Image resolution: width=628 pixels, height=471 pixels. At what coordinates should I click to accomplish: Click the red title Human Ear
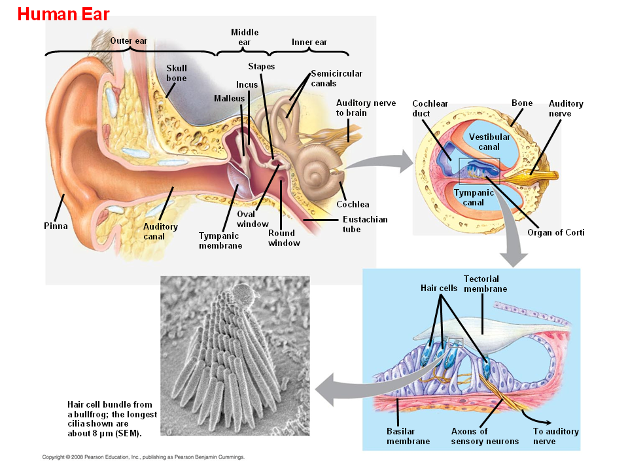63,14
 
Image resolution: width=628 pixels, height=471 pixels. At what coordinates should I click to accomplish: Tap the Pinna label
56,226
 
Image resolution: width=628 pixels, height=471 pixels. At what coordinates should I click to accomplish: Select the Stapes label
261,67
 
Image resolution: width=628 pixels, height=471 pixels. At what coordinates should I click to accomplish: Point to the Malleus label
228,98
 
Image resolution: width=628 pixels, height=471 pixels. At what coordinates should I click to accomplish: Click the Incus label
247,84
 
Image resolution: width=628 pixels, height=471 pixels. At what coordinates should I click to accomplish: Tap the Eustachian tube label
364,224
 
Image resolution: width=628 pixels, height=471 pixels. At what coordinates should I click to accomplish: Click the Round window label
283,238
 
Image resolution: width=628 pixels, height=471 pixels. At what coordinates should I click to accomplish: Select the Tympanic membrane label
220,241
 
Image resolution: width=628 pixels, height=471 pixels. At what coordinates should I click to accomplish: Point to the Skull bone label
176,73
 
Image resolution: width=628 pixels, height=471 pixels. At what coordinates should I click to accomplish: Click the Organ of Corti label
555,232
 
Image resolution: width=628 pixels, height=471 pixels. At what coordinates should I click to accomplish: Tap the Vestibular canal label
489,142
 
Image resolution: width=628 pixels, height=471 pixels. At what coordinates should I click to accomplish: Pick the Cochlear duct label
430,109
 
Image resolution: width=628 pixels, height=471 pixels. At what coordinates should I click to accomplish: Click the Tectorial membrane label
485,284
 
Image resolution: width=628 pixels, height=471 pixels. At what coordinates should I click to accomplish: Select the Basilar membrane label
408,436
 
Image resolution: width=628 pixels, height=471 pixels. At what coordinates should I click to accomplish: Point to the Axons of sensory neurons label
484,436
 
